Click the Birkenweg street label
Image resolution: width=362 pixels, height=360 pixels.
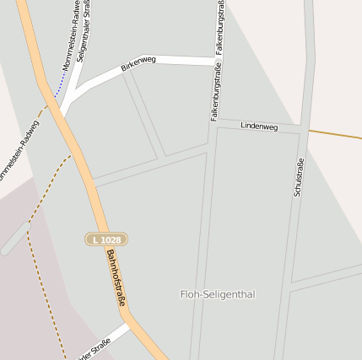[138, 65]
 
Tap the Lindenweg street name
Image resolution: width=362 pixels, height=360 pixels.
[258, 126]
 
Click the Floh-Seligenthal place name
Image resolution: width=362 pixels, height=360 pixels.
[217, 294]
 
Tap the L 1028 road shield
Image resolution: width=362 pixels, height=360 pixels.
[106, 239]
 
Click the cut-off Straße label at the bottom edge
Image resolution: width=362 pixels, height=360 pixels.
[95, 349]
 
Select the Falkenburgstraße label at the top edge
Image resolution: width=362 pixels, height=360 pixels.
[219, 25]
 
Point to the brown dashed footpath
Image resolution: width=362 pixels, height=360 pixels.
[38, 211]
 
